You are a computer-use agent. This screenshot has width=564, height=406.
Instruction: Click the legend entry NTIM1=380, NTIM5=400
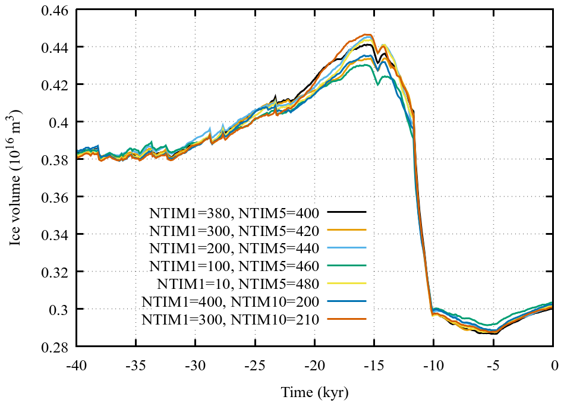[x=235, y=212]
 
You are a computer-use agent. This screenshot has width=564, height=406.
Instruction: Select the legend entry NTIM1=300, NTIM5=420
[x=235, y=230]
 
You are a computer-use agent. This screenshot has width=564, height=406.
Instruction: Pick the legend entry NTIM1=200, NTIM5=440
[x=235, y=248]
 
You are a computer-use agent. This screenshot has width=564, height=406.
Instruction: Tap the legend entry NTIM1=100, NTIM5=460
[x=235, y=266]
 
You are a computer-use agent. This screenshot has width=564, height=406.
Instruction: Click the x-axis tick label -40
[x=77, y=362]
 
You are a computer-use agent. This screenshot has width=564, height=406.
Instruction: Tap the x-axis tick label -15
[x=374, y=362]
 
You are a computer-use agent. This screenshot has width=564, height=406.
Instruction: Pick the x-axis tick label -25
[x=255, y=362]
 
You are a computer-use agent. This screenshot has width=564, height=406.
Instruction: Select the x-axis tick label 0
[x=553, y=362]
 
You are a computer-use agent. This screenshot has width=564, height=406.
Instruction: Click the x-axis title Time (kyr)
[x=315, y=392]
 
